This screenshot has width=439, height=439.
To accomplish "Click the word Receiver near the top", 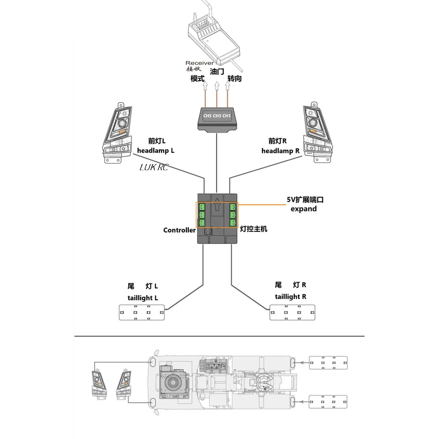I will [x=199, y=63].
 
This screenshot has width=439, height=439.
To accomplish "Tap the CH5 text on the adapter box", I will [x=207, y=116].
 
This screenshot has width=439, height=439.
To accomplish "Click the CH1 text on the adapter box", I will [x=226, y=116].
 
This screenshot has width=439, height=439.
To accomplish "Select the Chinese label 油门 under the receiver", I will [x=217, y=71].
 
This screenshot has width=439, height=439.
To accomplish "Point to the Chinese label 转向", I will [x=234, y=78].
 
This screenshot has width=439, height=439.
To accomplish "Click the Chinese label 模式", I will [x=197, y=78].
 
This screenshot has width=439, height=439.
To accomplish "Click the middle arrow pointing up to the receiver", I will [x=217, y=85].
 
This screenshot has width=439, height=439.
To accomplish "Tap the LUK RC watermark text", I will [x=154, y=167].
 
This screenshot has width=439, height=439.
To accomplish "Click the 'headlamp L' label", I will [x=155, y=151].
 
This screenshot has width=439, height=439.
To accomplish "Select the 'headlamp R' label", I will [x=280, y=151].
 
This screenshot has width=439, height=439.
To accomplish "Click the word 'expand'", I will [x=303, y=209].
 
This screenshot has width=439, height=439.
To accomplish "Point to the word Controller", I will [x=179, y=230].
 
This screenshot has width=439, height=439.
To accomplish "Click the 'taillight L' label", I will [x=143, y=298].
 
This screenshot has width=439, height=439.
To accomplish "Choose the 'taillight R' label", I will [x=290, y=297].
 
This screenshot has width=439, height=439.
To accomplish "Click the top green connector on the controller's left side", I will [x=202, y=207].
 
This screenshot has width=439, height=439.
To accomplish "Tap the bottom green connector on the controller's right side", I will [x=233, y=223].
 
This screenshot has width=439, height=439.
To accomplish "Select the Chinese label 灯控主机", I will [x=253, y=229].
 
